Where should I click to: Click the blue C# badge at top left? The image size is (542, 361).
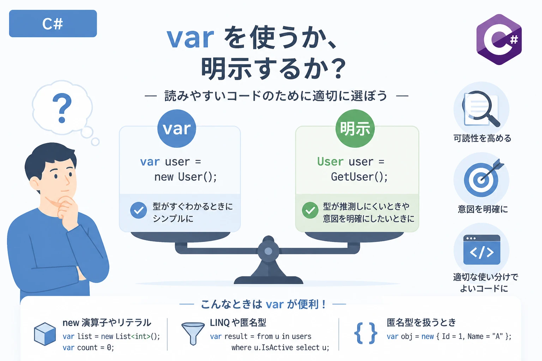pos(53,24)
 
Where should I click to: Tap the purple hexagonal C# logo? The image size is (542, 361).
pos(499,39)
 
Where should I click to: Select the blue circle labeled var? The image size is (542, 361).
pos(177,128)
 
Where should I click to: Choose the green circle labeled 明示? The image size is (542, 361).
pos(355,128)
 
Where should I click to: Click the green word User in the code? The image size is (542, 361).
pos(330,161)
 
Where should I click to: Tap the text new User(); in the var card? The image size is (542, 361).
pos(186,177)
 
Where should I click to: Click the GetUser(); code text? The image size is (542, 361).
pos(359,177)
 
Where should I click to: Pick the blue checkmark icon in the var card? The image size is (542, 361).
pos(138,210)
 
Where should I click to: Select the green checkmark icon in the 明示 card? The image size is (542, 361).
pos(310,210)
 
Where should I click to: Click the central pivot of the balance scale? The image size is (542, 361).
pos(268,251)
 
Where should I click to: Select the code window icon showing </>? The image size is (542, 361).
pos(482,250)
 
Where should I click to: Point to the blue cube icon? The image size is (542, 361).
pos(45,334)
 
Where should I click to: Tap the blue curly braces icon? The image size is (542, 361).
pos(366,333)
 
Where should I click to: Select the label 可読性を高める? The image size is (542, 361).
pos(482,138)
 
